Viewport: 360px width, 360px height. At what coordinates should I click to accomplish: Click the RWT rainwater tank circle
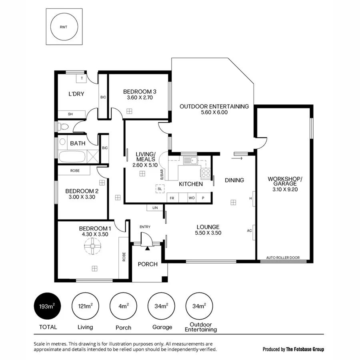pos(64,27)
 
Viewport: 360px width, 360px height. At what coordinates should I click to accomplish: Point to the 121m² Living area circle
pos(85,306)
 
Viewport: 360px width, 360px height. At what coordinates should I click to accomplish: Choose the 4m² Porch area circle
pos(123,306)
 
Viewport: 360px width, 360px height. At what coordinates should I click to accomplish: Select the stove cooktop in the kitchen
pos(205,174)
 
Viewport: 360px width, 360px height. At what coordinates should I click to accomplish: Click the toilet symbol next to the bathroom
pos(63,127)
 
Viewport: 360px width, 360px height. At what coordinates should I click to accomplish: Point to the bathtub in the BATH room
pos(72,157)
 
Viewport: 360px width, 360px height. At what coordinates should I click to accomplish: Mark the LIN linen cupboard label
pos(155,208)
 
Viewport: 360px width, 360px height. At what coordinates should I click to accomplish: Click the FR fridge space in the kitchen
pos(172,198)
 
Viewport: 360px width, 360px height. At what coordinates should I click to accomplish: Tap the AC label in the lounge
pos(249,231)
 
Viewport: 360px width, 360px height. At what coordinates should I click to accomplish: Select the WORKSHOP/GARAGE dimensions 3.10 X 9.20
pos(285,190)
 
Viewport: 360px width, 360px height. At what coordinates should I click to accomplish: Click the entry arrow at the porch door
pos(148,248)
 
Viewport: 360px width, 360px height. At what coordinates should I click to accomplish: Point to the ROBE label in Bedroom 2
pos(75,171)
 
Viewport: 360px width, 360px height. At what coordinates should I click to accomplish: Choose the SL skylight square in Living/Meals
pos(159,189)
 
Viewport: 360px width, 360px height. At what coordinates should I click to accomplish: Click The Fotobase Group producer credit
pos(305,349)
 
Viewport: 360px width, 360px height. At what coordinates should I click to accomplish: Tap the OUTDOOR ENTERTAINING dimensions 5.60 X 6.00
pos(214,112)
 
